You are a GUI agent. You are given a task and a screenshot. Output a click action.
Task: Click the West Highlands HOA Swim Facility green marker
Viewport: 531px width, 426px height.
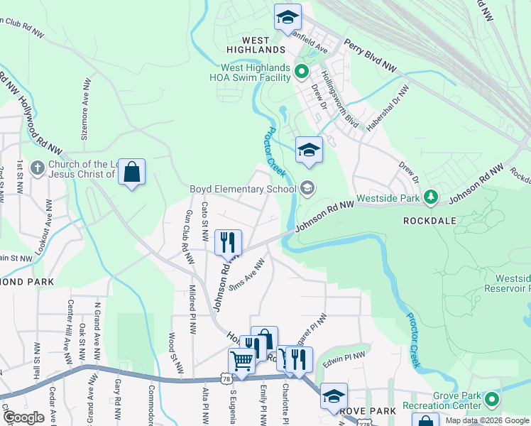(x=301, y=71)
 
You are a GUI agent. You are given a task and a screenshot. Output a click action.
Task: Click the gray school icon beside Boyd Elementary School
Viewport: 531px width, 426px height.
(x=307, y=188)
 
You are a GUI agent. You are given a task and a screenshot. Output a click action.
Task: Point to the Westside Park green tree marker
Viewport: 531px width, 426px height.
(x=429, y=197)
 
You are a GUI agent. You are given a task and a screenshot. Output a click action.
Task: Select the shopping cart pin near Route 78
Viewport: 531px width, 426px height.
(x=242, y=362)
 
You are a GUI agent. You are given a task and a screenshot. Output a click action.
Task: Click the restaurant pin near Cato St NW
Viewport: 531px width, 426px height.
(x=228, y=242)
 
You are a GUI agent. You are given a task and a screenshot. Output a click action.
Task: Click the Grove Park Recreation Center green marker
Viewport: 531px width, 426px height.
(x=491, y=403)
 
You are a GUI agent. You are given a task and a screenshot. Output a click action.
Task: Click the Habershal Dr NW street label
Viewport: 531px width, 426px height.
(x=385, y=109)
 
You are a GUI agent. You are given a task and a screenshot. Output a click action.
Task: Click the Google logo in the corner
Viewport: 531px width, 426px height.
(x=23, y=417)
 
